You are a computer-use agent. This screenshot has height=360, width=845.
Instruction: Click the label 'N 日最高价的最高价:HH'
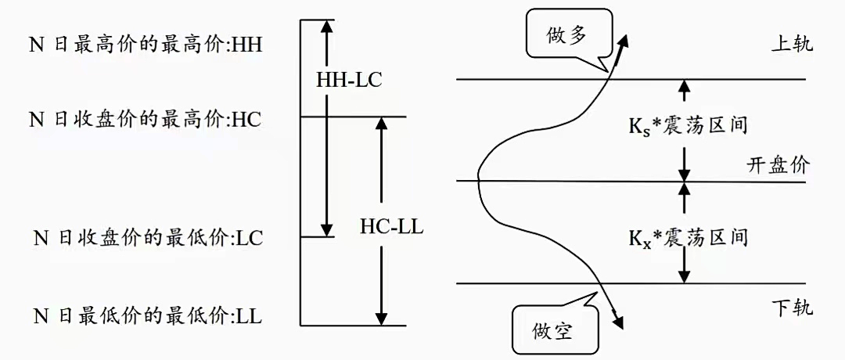[x=146, y=45]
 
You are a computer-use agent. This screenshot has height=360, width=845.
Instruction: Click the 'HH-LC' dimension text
[x=349, y=80]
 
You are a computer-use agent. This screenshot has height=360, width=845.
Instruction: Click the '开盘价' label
[x=778, y=166]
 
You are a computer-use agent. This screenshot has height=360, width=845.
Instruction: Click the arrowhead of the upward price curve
[x=624, y=40]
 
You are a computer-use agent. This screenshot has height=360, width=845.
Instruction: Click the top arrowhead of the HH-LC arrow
[x=328, y=25]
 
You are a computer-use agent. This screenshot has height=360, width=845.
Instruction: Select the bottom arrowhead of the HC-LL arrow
[x=381, y=318]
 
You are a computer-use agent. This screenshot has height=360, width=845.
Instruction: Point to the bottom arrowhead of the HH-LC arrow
[x=328, y=229]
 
